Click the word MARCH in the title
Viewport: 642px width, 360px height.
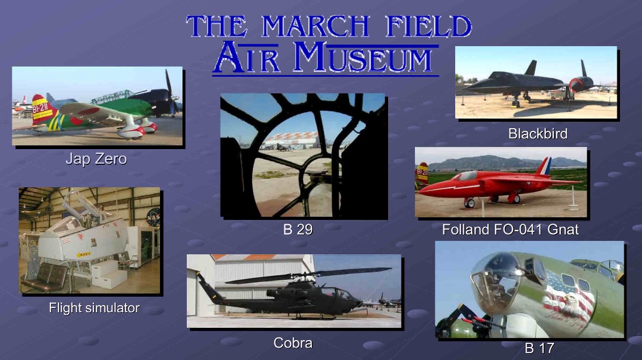click(x=315, y=26)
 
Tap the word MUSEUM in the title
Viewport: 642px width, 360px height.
click(x=362, y=58)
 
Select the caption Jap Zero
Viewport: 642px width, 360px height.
click(x=96, y=159)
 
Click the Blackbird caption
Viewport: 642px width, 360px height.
click(x=537, y=134)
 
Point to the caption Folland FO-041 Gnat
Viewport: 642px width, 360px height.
click(x=510, y=230)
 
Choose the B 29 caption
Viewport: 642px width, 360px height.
click(x=298, y=230)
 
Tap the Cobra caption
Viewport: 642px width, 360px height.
click(x=293, y=343)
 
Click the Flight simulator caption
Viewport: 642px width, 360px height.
click(x=94, y=307)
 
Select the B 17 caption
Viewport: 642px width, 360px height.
click(x=539, y=348)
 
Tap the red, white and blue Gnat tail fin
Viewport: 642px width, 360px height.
click(x=544, y=166)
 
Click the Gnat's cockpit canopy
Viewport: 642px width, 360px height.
click(x=464, y=177)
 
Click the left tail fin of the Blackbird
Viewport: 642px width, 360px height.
click(x=531, y=68)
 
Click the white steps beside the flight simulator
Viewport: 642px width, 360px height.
click(x=107, y=274)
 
